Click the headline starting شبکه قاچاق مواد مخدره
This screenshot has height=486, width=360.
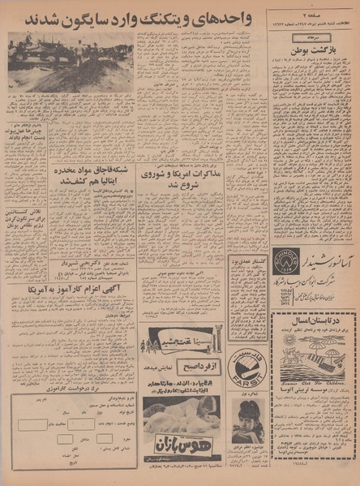[92, 175]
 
